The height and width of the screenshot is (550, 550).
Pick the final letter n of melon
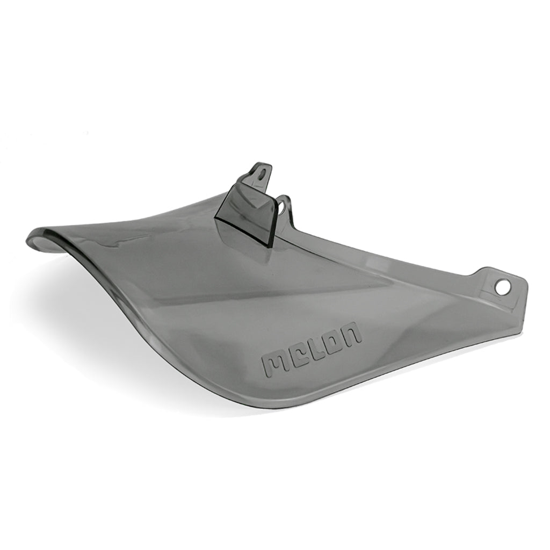(x=352, y=335)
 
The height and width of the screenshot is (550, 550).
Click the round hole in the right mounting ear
(x=502, y=287)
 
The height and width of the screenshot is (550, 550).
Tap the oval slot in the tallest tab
(x=262, y=173)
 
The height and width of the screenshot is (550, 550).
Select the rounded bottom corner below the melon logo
(x=317, y=397)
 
